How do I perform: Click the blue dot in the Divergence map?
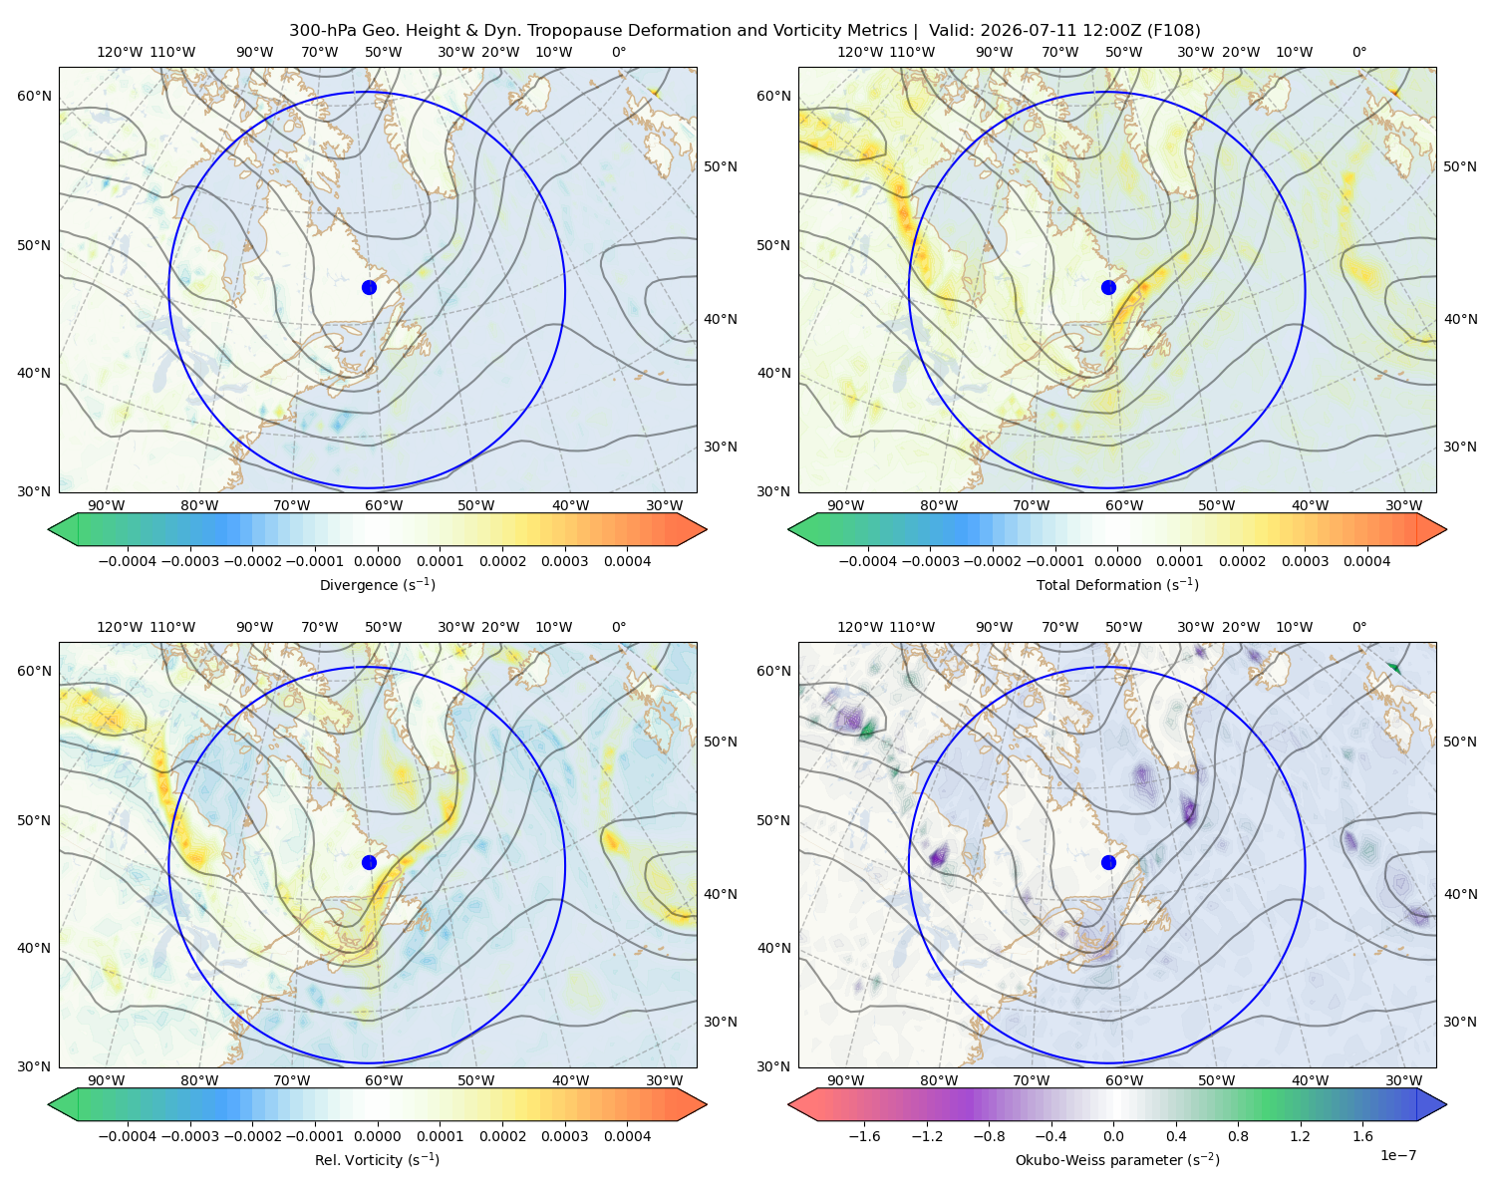369,287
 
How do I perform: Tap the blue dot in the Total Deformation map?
1108,287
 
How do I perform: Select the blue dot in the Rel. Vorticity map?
369,862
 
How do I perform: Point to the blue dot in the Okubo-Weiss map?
1108,862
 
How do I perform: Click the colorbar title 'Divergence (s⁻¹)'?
377,584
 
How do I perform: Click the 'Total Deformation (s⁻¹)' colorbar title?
1117,584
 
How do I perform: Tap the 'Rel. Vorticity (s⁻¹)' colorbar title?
377,1159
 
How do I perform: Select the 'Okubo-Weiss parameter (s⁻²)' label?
1117,1159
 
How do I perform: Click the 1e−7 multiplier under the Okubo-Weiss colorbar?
1397,1155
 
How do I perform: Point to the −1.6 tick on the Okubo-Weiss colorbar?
864,1135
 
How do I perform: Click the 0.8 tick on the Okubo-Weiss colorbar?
1238,1135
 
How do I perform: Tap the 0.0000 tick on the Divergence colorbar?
377,561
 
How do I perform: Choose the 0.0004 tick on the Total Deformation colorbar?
1366,561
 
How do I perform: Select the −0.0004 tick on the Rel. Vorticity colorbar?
128,1135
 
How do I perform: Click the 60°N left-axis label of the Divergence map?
34,96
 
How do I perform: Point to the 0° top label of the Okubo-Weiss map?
1358,627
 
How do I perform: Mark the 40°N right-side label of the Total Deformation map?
1460,319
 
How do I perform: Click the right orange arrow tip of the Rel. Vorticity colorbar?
706,1104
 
